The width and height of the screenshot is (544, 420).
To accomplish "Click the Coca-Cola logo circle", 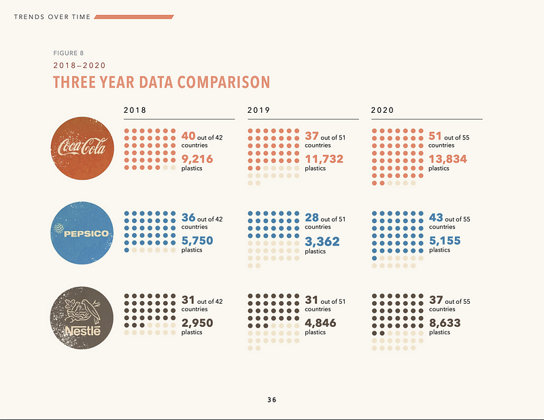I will [82, 149].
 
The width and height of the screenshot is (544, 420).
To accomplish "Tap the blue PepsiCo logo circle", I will [82, 233].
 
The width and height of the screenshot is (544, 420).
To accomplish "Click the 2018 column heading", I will [135, 109].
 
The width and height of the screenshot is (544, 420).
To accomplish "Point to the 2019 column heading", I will [258, 109].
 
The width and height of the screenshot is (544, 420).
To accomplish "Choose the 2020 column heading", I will [382, 109].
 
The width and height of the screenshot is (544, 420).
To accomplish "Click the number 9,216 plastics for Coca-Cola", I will [197, 158].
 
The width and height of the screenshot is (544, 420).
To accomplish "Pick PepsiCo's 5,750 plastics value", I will [197, 241].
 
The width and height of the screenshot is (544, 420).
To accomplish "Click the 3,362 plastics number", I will [322, 241].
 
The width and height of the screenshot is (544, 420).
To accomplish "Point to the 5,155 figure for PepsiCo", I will [446, 241].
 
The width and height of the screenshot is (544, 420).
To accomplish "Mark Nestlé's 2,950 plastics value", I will [197, 323].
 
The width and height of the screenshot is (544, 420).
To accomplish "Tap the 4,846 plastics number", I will [321, 323].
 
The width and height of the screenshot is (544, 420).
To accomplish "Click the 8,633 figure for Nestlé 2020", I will [446, 323].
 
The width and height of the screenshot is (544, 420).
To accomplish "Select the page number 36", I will [272, 400].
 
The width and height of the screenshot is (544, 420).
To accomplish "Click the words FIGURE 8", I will [69, 53].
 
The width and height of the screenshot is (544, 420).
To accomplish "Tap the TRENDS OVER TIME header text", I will [51, 16].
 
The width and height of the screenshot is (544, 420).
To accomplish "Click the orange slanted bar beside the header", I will [134, 16].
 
